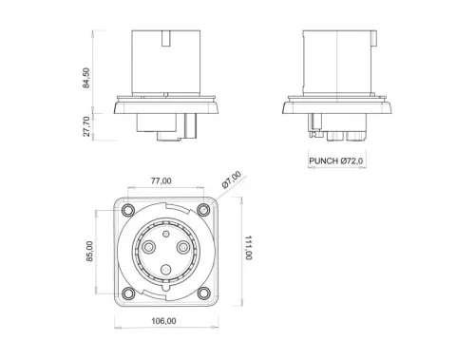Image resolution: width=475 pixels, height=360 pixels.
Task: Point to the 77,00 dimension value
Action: pyautogui.click(x=160, y=180)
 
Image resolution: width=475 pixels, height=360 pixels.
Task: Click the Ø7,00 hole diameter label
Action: pyautogui.click(x=231, y=180)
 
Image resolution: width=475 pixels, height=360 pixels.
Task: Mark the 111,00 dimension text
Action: pyautogui.click(x=248, y=250)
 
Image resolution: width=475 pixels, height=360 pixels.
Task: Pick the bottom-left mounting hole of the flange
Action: pyautogui.click(x=127, y=292)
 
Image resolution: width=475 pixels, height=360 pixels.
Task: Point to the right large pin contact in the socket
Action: pyautogui.click(x=182, y=247)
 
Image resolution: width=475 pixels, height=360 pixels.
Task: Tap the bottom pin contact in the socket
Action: pyautogui.click(x=165, y=271)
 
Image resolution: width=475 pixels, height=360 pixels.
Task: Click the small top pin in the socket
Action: pyautogui.click(x=165, y=230)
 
